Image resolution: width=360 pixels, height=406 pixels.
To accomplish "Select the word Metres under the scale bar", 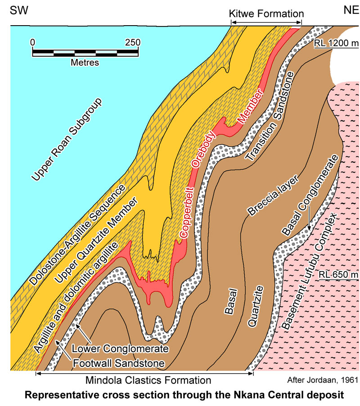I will tap(85, 62).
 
